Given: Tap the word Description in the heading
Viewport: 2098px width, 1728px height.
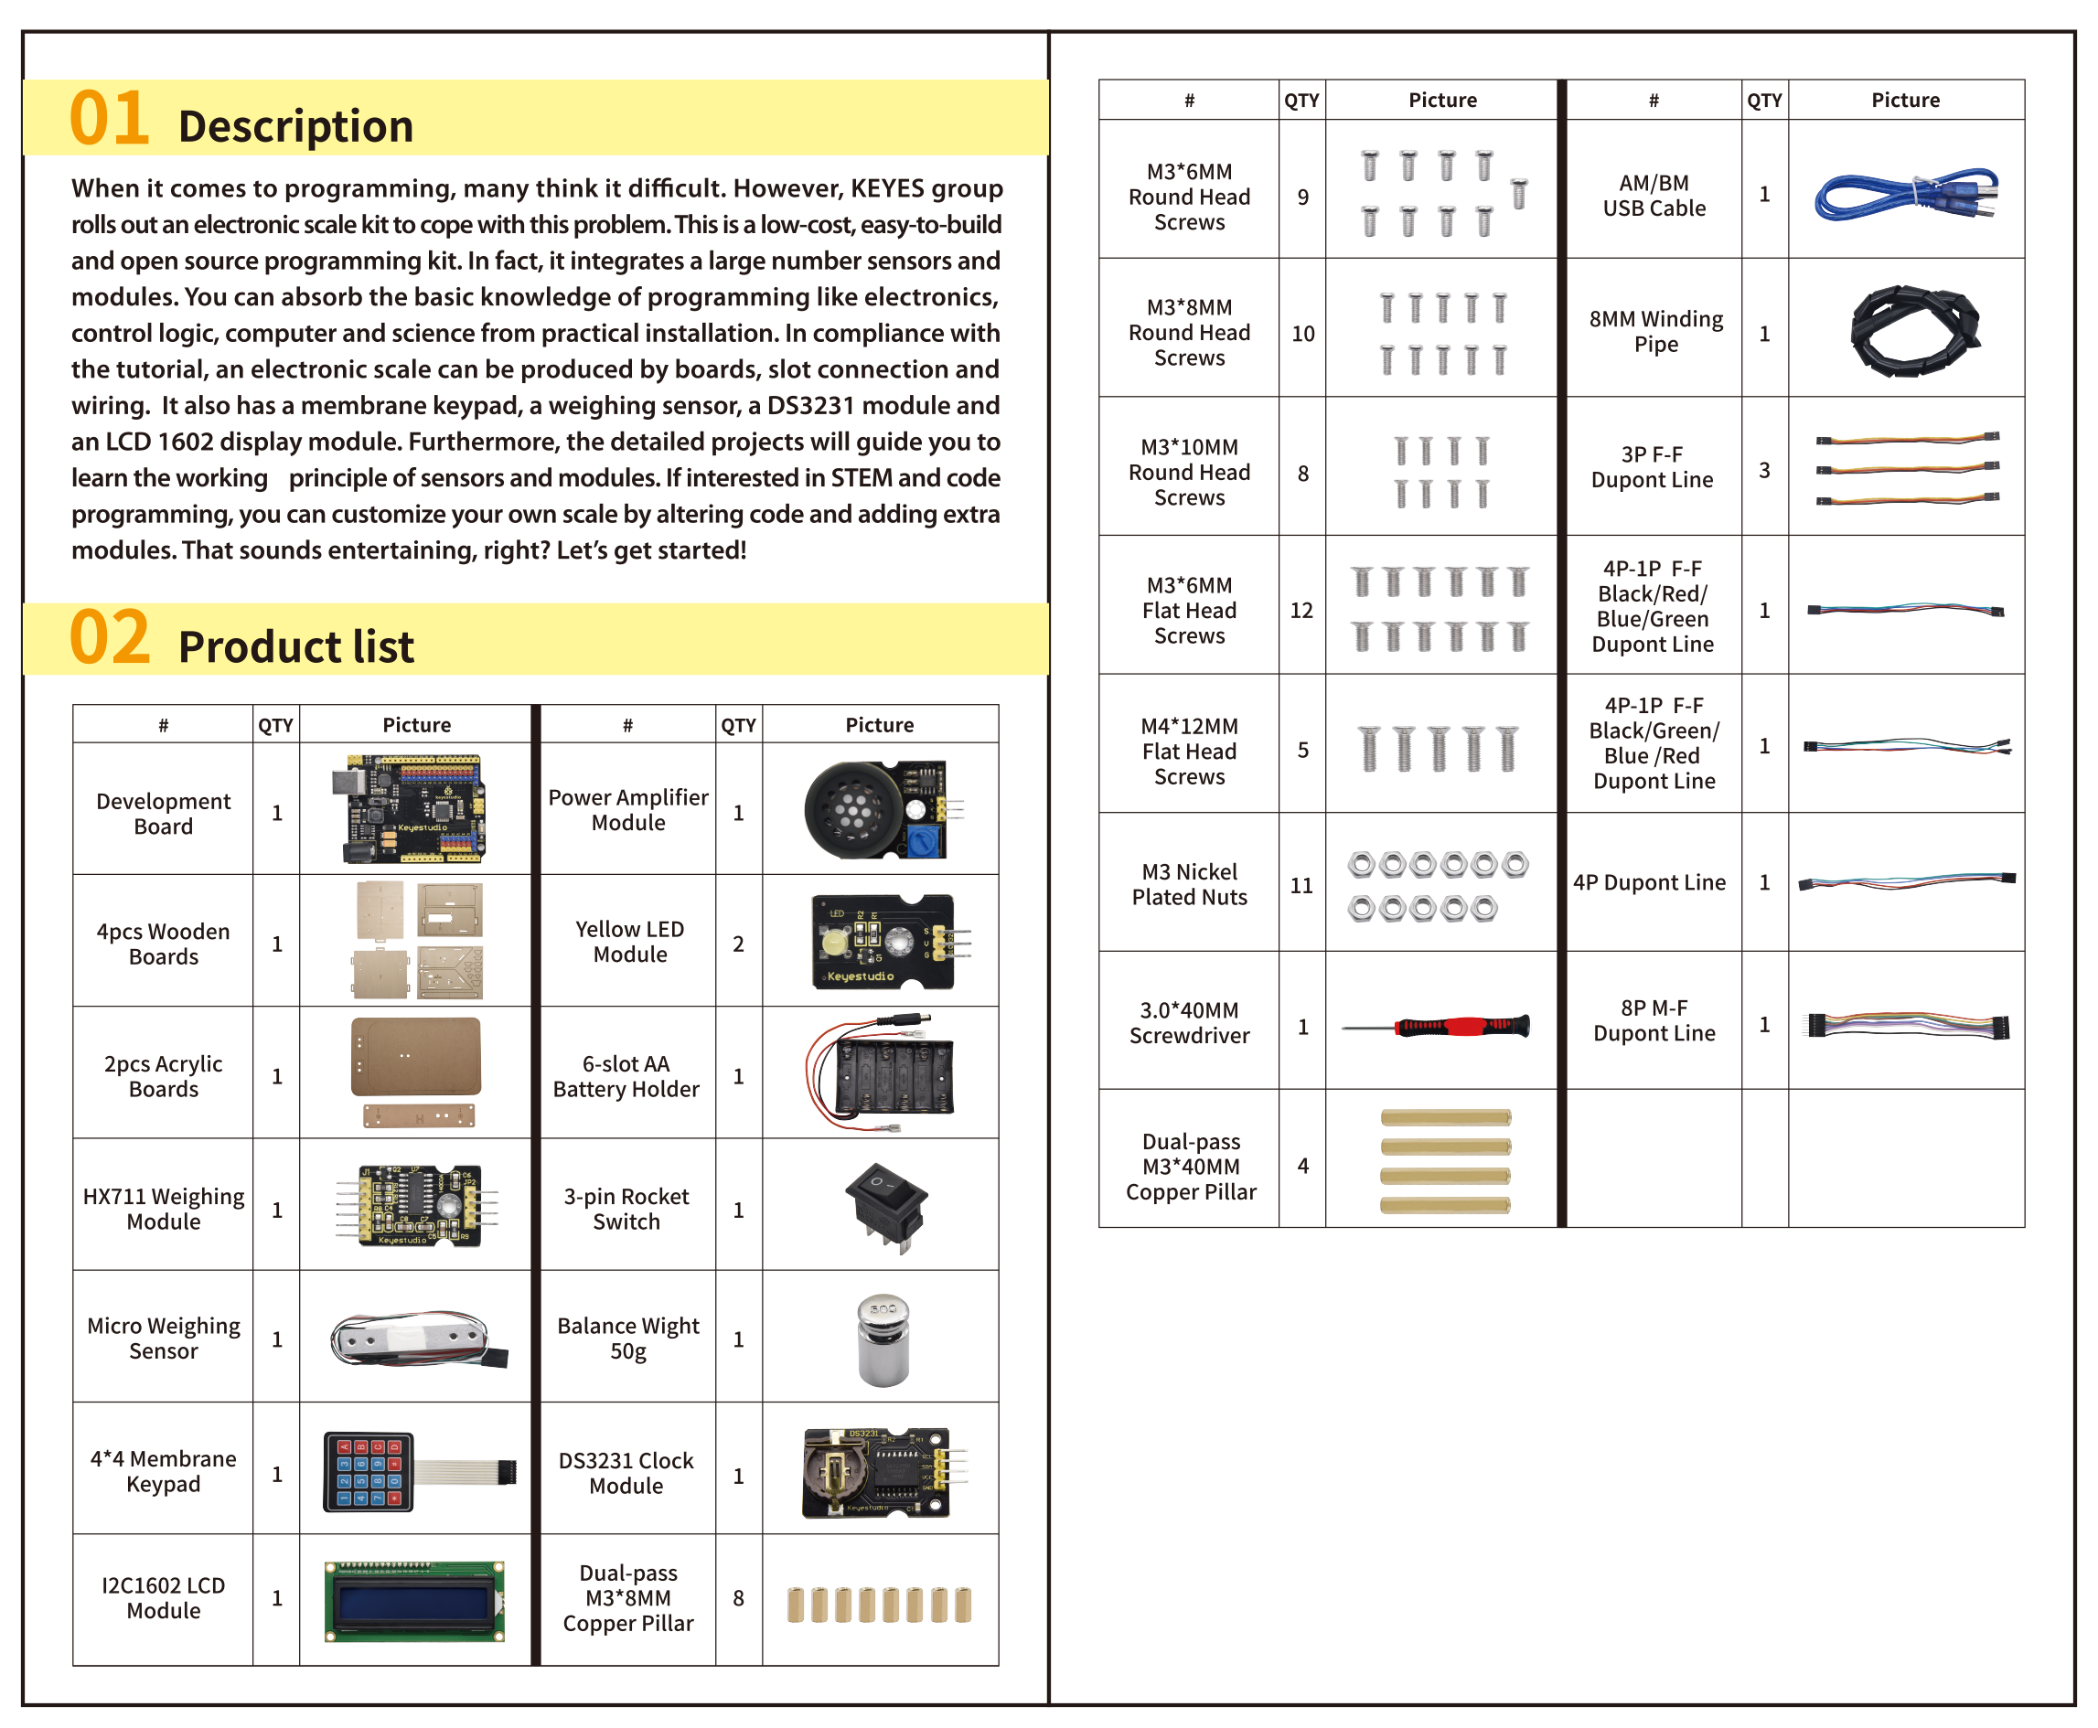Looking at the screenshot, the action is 295,126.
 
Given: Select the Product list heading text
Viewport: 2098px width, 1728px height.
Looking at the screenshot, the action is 295,646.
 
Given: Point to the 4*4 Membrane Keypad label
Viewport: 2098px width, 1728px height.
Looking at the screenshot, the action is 164,1471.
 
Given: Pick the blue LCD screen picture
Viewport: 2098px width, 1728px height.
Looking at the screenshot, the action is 414,1601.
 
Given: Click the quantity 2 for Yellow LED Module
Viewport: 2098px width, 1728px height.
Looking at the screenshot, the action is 739,944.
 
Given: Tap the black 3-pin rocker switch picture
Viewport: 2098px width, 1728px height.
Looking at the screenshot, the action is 886,1208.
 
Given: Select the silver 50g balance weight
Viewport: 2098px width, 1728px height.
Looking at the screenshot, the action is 883,1339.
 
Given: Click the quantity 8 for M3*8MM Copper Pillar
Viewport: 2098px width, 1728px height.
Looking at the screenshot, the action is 739,1597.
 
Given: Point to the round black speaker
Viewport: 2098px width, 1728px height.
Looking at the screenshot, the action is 851,810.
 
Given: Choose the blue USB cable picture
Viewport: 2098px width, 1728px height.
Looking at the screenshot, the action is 1905,193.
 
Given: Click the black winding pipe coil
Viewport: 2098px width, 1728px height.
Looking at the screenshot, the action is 1914,329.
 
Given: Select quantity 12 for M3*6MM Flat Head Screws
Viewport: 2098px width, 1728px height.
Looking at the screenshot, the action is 1301,610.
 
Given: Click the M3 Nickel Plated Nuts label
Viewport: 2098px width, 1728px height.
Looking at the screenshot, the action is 1190,884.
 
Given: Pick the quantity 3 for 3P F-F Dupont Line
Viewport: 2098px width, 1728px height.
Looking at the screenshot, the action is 1764,470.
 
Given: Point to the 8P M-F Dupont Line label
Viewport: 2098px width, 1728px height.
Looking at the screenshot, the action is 1654,1020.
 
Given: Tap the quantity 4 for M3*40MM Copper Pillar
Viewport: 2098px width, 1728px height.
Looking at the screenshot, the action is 1302,1166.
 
